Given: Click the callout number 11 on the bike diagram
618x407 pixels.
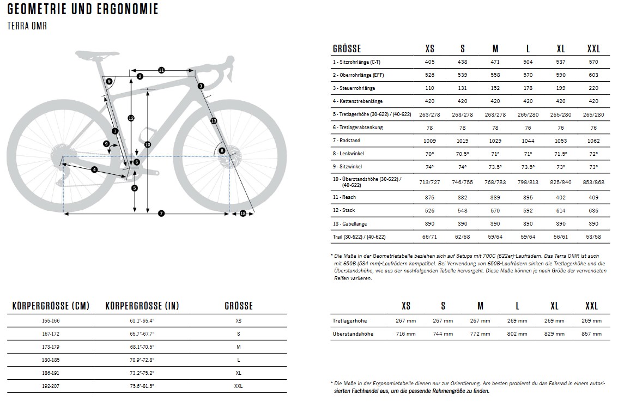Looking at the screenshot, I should [x=161, y=70].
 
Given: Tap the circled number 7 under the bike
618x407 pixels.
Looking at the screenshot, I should [x=161, y=214].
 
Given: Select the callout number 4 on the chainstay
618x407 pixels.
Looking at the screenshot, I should [x=94, y=170].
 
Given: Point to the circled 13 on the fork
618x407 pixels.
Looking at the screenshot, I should [x=214, y=121].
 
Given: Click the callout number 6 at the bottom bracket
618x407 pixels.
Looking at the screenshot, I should [x=136, y=162].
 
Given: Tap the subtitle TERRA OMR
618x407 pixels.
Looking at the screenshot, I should [x=27, y=26].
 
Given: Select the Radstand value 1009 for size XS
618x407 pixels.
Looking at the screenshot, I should [x=429, y=141].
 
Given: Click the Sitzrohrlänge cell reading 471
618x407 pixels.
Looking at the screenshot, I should [x=495, y=62].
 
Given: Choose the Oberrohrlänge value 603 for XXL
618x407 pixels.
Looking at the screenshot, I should [x=593, y=75].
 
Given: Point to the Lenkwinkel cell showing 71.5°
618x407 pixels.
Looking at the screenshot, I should [x=561, y=154].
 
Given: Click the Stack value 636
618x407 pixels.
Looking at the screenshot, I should [x=593, y=210].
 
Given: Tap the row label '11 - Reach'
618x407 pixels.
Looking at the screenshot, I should [x=344, y=197].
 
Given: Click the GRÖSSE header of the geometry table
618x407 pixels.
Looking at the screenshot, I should [x=347, y=49].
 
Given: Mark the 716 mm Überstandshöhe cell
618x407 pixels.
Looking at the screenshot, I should [x=405, y=333].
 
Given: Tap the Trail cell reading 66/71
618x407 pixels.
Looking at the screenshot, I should [x=429, y=237].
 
